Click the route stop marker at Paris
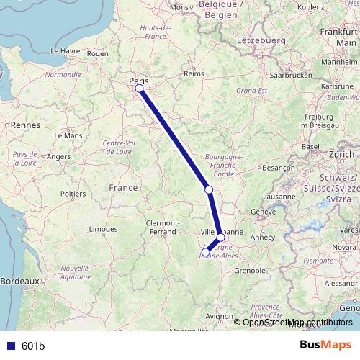(x=139, y=89)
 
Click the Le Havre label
(x=65, y=52)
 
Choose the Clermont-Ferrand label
(x=168, y=228)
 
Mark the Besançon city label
(x=276, y=167)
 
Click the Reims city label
(x=194, y=73)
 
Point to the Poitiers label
(x=73, y=193)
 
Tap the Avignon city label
(x=219, y=315)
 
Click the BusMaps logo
(x=326, y=346)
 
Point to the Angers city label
(x=59, y=156)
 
